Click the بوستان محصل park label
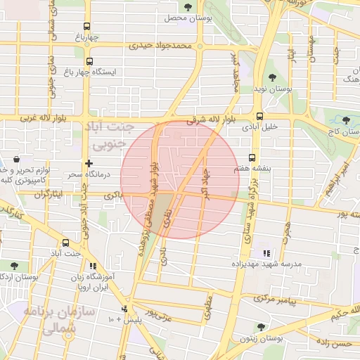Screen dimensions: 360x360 [186, 17]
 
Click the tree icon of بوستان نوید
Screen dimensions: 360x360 [272, 78]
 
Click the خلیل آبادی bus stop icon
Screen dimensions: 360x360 [260, 116]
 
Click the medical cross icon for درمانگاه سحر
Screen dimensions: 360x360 [88, 163]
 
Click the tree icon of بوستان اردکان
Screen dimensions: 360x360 [15, 265]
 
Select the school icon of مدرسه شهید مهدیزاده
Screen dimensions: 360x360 [265, 252]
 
